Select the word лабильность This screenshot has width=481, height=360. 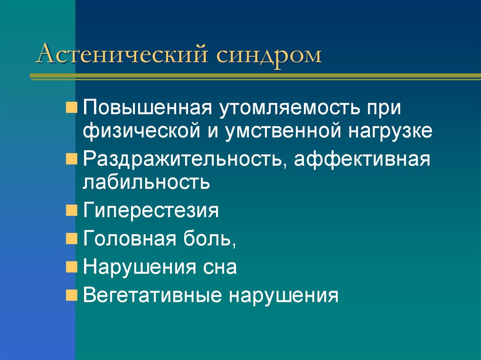[147, 182]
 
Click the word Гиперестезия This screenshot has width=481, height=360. [151, 210]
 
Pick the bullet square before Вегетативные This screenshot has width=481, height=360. [70, 296]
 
